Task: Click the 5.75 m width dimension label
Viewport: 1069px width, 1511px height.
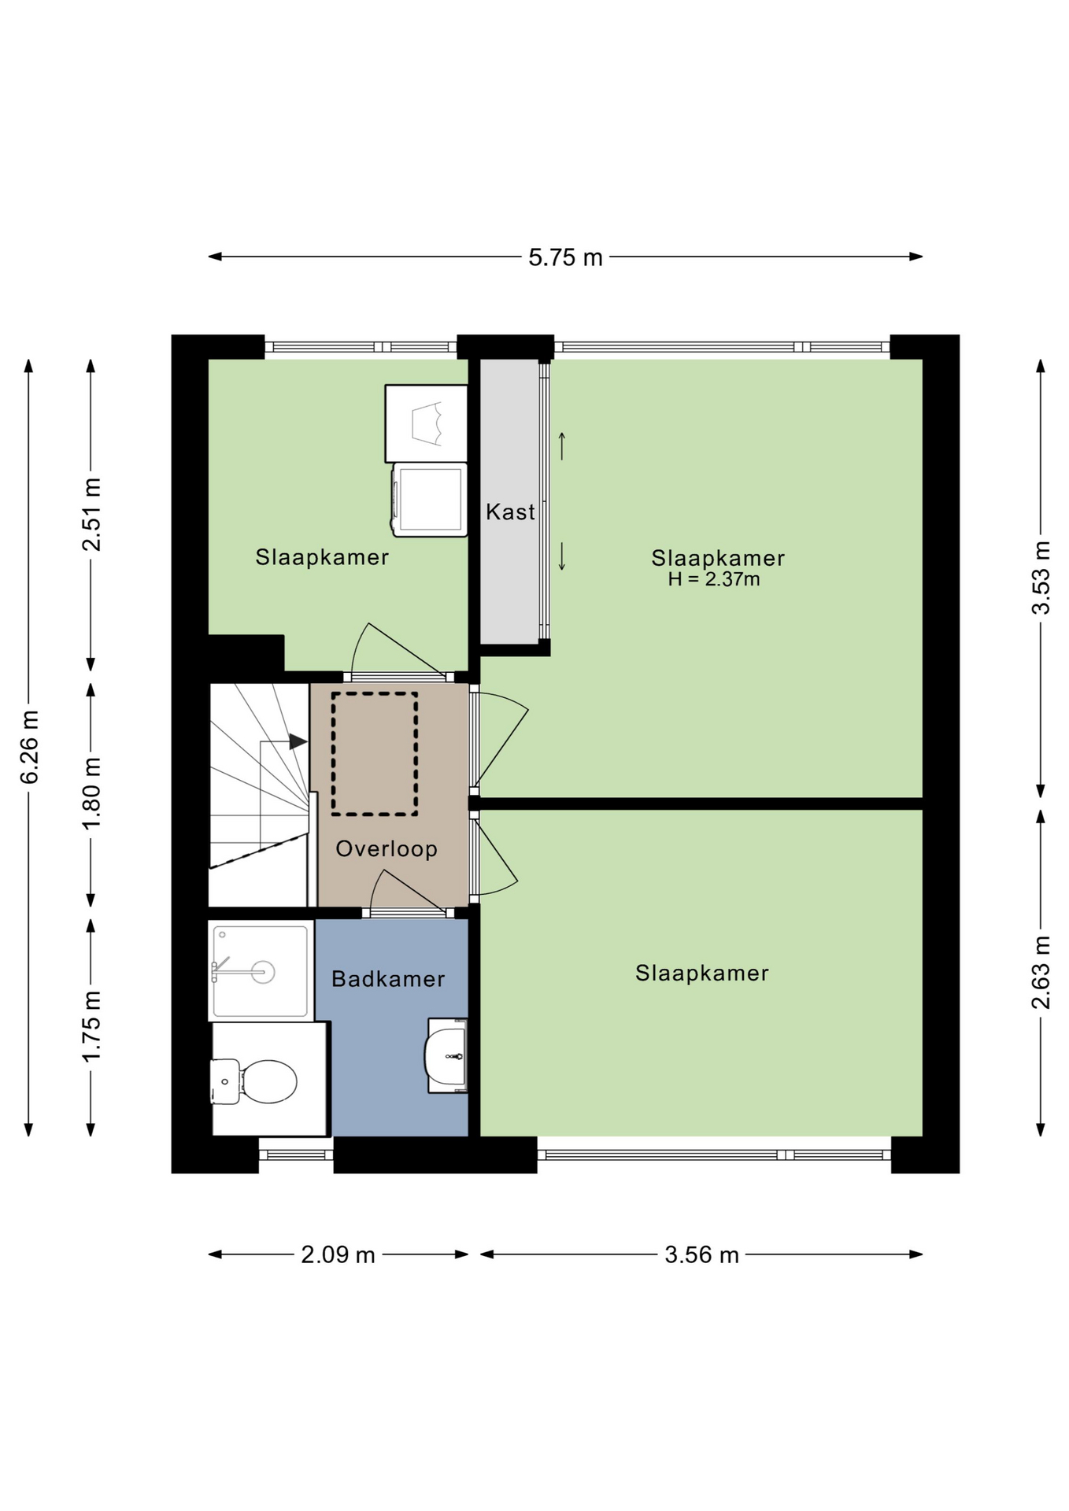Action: coord(565,257)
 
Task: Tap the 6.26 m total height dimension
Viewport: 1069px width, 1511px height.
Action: coord(29,747)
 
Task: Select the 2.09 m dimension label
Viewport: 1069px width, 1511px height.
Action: coord(338,1254)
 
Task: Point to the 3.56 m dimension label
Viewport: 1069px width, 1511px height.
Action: coord(701,1254)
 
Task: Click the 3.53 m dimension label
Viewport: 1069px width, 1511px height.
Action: coord(1041,578)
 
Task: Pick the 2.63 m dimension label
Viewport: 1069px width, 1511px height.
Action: coord(1041,972)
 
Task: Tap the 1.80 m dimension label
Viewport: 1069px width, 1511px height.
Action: coord(91,792)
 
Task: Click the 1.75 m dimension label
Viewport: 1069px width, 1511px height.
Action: coord(91,1026)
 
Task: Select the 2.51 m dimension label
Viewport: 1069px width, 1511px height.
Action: coord(91,515)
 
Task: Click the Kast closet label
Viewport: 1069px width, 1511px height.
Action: coord(510,512)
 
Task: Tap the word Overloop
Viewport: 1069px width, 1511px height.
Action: coord(387,848)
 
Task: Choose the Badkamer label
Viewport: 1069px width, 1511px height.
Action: coord(388,979)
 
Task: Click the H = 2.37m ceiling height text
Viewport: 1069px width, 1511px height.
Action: coord(714,580)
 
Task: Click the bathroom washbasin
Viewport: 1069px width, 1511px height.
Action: coord(446,1055)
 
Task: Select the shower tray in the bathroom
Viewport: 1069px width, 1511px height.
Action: coord(261,972)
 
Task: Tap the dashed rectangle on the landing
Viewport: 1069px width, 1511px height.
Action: coord(375,754)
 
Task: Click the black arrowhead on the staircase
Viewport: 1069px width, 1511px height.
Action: coord(298,741)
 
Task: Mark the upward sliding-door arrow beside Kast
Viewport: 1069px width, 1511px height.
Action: coord(562,446)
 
